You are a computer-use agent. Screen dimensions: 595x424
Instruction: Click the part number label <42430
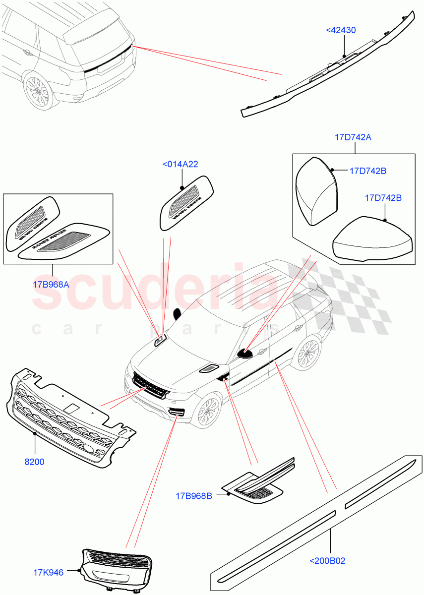coord(341,30)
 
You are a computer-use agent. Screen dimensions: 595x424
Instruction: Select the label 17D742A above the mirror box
coord(353,137)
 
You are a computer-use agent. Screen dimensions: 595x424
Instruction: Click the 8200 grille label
coord(34,462)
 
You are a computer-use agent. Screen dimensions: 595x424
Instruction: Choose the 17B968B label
coord(194,495)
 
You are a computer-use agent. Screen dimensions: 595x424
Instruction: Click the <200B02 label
coord(327,561)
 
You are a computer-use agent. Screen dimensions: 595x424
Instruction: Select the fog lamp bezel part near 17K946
coord(117,570)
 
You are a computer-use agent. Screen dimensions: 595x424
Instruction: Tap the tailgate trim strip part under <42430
coord(327,69)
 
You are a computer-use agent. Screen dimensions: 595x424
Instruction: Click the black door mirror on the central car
coord(244,353)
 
